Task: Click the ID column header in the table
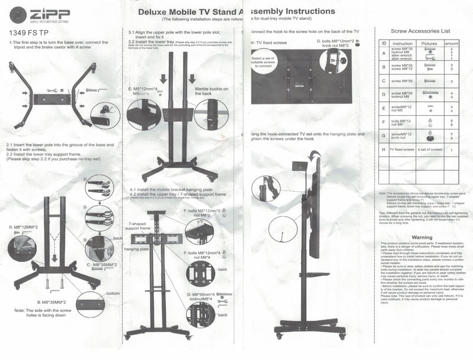384,43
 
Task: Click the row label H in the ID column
384,150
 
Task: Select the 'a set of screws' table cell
429,150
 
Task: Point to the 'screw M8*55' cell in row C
402,80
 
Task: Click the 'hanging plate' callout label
137,249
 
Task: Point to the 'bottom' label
112,293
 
